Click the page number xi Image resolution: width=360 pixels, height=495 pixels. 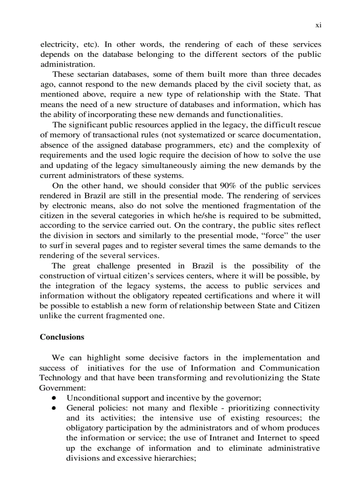[318, 25]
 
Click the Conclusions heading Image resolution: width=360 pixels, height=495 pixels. [62, 337]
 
